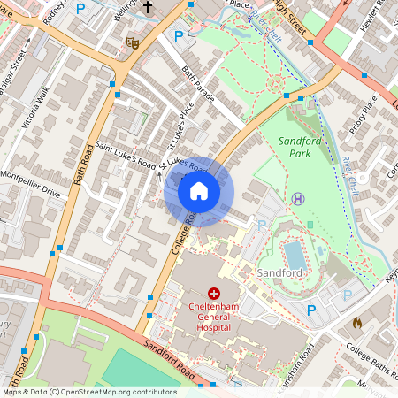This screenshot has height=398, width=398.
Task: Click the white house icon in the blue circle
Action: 199,190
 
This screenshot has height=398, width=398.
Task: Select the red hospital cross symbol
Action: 213,293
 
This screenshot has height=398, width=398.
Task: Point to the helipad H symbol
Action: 298,198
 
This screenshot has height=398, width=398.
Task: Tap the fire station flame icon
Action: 356,324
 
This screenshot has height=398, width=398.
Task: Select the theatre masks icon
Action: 134,42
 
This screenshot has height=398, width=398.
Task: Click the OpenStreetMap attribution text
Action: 89,391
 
